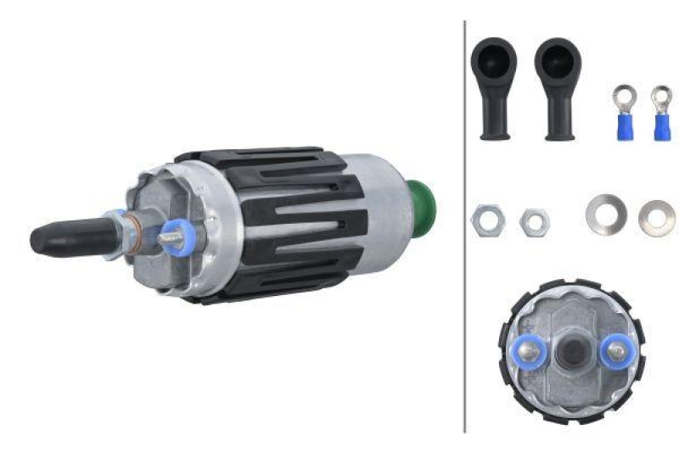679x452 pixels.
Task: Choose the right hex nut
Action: (x=534, y=221)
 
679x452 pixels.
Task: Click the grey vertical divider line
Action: (x=465, y=254)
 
